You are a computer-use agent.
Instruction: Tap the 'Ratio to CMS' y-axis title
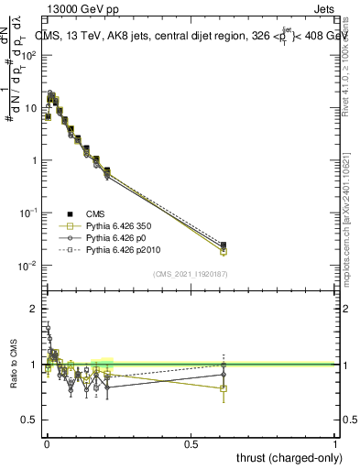point(12,365)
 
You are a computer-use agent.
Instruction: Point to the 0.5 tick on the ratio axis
point(30,420)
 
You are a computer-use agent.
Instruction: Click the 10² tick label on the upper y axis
point(29,55)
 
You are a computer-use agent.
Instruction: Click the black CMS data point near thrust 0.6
point(224,245)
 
